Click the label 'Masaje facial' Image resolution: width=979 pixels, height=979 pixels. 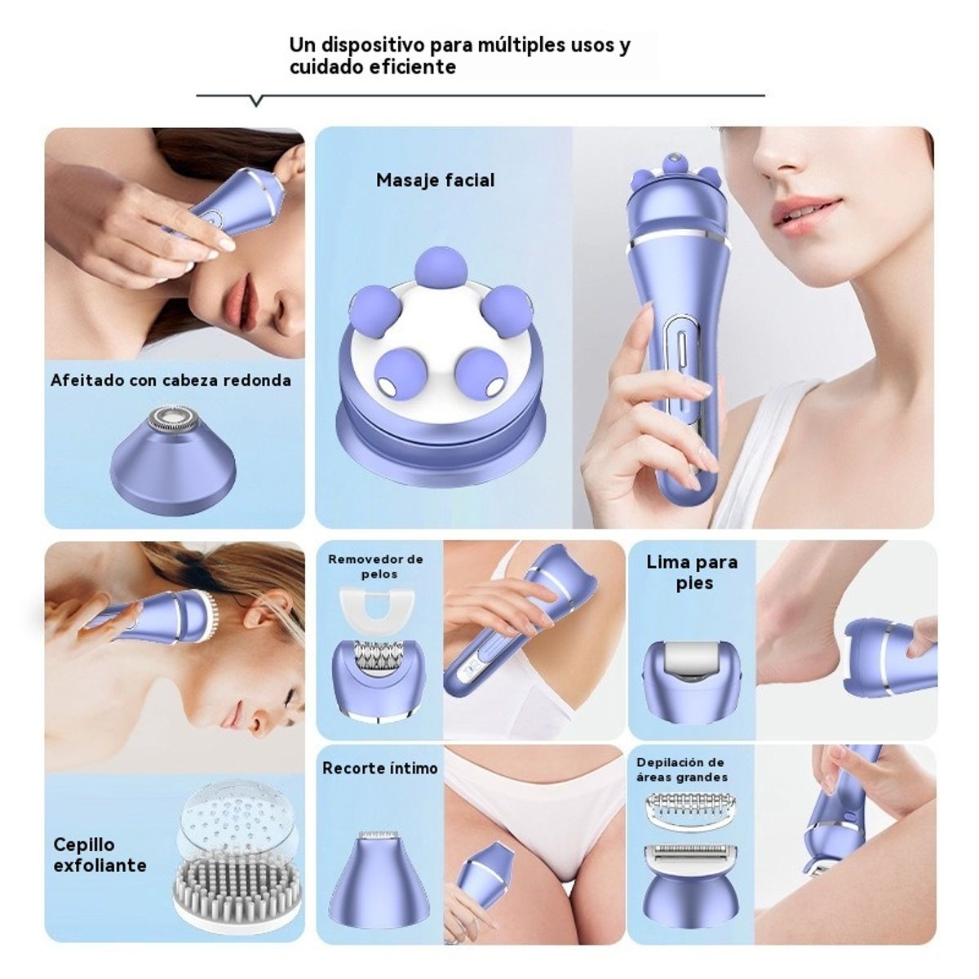435,180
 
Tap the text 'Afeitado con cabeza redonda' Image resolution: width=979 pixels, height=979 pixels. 171,380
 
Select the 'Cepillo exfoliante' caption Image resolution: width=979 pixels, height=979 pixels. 100,854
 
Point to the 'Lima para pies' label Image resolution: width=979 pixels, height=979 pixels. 692,572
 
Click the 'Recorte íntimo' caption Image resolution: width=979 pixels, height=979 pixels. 379,768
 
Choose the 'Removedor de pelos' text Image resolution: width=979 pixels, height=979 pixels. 376,566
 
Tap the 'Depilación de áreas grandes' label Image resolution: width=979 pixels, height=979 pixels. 681,770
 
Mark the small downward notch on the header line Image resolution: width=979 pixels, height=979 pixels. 256,101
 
